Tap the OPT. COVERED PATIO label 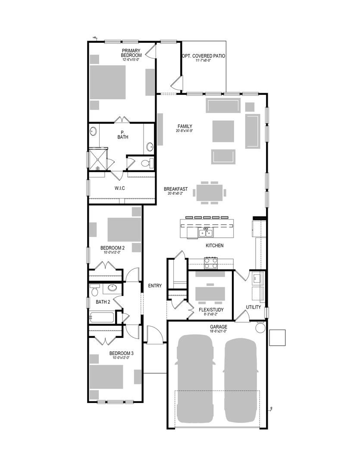(203, 56)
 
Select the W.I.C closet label (120, 188)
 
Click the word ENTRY (155, 286)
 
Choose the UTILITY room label (253, 307)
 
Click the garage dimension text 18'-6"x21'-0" (218, 332)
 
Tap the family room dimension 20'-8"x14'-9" (185, 131)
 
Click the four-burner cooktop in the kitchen (210, 263)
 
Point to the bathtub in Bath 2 (101, 318)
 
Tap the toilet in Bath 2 (94, 290)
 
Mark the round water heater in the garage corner (260, 327)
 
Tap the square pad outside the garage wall (277, 337)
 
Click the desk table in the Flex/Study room (210, 293)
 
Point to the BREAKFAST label (175, 189)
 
